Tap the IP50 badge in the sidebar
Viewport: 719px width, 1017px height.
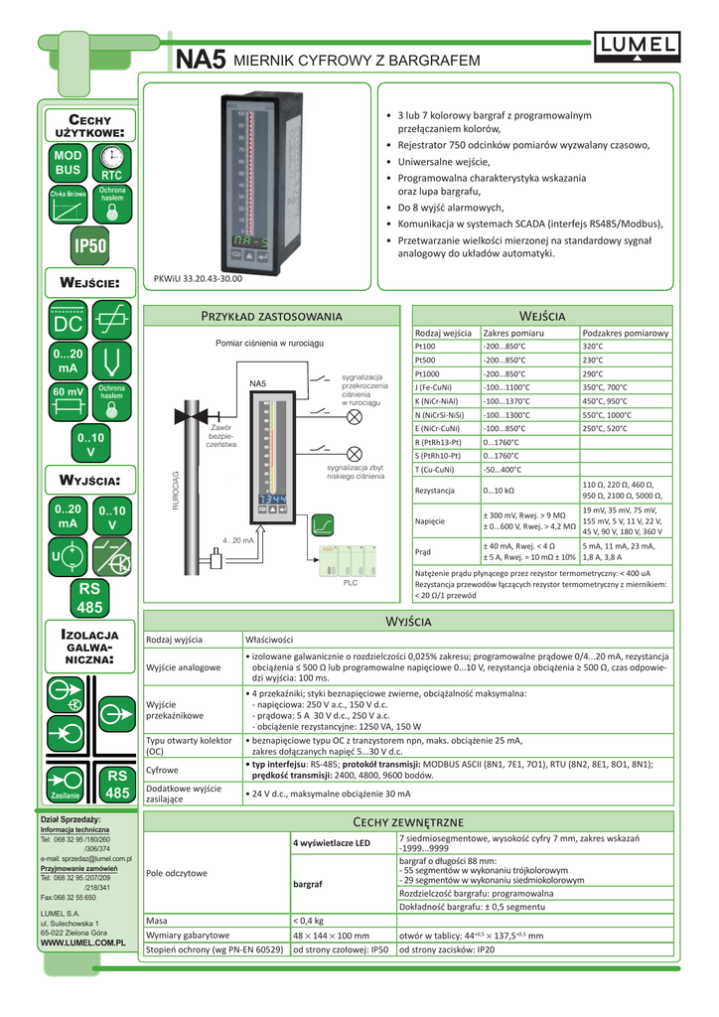click(x=90, y=244)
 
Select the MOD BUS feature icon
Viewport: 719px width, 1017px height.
click(x=69, y=164)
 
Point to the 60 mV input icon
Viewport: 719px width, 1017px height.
click(x=68, y=391)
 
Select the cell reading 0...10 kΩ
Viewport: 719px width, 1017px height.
click(x=499, y=491)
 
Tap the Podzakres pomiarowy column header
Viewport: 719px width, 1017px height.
click(x=626, y=333)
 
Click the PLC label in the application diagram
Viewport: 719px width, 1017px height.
click(x=351, y=583)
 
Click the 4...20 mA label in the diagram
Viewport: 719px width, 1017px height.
click(x=238, y=540)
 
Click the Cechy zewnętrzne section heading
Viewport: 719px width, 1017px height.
click(x=407, y=821)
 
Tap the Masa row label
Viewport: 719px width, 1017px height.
click(x=157, y=919)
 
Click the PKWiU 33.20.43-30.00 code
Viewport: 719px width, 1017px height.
click(x=199, y=279)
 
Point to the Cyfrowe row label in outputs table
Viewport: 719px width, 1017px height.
click(x=163, y=770)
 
